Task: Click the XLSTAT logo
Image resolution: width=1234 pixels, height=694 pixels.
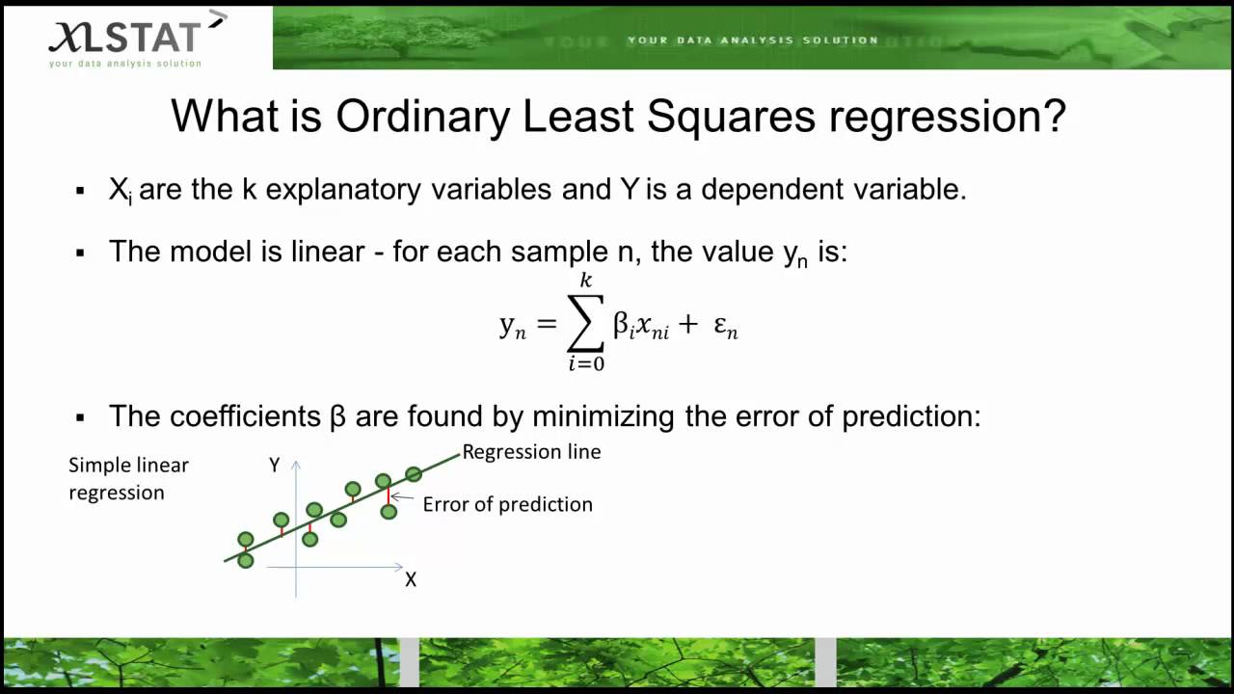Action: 125,39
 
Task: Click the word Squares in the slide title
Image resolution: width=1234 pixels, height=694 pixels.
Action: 730,117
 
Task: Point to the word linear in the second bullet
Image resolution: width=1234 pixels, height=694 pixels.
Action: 334,252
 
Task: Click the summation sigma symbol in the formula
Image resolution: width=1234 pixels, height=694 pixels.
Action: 585,324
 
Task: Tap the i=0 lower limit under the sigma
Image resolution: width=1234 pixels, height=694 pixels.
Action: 585,364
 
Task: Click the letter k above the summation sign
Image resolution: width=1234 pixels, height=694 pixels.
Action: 585,280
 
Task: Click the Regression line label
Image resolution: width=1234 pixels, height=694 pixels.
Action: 531,452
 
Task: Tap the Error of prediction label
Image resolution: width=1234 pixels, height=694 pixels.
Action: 507,504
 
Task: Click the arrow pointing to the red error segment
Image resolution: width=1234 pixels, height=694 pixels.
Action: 402,498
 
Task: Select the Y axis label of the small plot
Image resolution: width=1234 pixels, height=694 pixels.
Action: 275,466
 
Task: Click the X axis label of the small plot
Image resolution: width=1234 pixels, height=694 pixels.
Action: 411,580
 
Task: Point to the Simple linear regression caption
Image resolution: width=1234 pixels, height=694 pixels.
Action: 128,479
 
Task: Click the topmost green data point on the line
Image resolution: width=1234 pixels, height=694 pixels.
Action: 414,473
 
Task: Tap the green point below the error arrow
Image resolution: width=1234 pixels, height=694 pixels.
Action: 389,512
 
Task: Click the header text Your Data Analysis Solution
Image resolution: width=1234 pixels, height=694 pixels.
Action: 753,40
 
